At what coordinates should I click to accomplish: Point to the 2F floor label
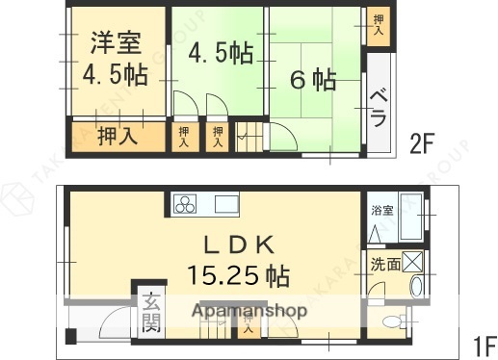pos(424,144)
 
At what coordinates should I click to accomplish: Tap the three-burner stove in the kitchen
pos(184,204)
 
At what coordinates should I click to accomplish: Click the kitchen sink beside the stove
pos(225,204)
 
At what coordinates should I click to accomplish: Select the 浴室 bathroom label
pos(381,209)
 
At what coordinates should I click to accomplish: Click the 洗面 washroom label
pos(386,262)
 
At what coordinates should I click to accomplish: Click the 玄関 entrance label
pos(151,312)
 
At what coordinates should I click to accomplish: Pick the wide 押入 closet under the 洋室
pos(118,136)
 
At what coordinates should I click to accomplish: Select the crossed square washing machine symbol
pos(413,261)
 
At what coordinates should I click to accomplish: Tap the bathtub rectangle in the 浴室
pos(410,218)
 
